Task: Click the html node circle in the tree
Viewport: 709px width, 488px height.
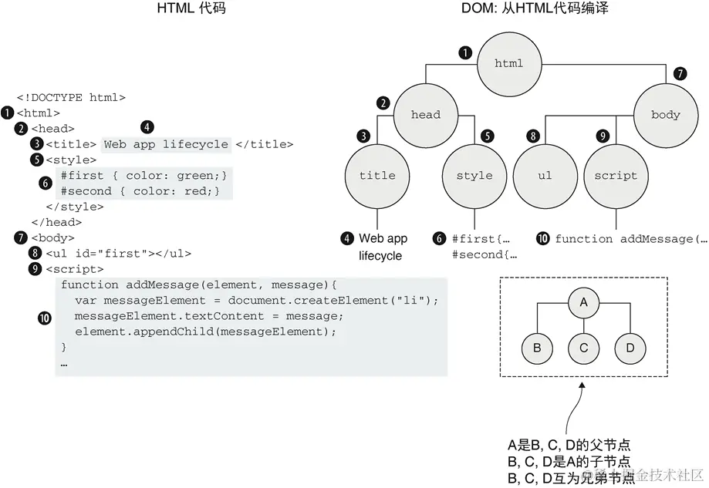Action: [x=508, y=63]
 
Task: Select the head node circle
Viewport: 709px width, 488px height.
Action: [x=425, y=115]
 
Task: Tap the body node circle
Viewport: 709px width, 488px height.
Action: [x=665, y=115]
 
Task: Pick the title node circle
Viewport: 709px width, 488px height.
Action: [x=377, y=176]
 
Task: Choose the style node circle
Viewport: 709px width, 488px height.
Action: [x=474, y=176]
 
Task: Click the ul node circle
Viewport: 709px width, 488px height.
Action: [x=545, y=176]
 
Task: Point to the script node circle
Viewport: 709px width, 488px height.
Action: [x=615, y=176]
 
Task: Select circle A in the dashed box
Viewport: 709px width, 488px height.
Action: [x=584, y=302]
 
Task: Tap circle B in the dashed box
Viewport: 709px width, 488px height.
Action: [x=537, y=347]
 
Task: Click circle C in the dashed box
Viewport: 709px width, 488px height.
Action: [x=584, y=347]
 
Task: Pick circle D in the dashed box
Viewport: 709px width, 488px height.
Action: [x=630, y=347]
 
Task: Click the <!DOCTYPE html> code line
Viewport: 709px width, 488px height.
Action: [x=71, y=98]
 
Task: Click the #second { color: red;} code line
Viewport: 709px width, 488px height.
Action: [x=141, y=191]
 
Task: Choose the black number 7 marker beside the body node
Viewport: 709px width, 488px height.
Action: [x=679, y=75]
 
